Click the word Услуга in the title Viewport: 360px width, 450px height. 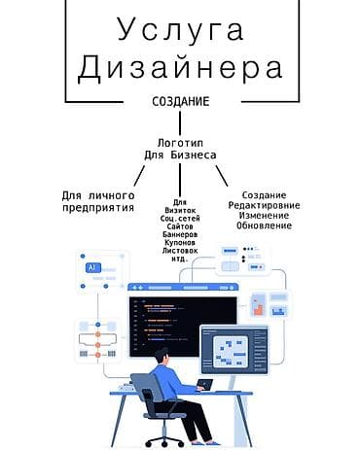(x=180, y=29)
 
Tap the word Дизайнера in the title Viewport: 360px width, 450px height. (x=180, y=68)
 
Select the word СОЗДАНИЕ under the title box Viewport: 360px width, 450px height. (x=180, y=102)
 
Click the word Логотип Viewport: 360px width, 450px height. (x=180, y=142)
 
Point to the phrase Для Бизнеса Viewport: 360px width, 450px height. (x=180, y=155)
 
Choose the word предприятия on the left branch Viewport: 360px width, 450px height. (x=97, y=208)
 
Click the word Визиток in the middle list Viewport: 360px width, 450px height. (x=180, y=210)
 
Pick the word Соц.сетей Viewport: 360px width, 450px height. (x=180, y=219)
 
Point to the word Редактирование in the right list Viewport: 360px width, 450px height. (x=264, y=205)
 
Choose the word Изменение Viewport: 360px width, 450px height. (x=264, y=215)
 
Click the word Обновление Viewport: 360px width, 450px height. (x=264, y=225)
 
